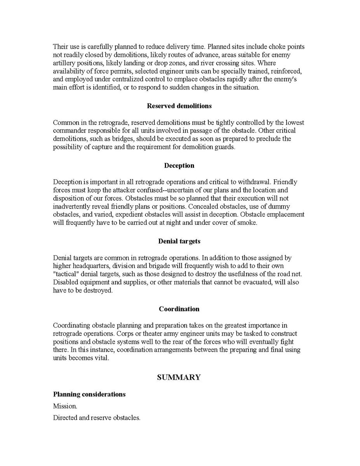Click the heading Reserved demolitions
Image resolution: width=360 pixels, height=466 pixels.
coord(179,106)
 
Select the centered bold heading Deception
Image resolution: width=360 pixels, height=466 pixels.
coord(179,165)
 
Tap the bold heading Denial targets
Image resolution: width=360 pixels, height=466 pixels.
coord(179,241)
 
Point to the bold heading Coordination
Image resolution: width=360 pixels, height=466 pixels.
coord(179,309)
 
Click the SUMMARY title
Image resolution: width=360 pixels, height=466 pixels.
coord(179,377)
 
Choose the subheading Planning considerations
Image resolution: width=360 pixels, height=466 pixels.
coord(89,394)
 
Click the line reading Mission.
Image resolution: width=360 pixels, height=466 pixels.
coord(65,406)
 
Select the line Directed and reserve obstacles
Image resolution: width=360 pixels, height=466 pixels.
coord(96,418)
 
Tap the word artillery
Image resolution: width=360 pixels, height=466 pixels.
coord(65,63)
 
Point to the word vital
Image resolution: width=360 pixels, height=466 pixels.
coord(101,358)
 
